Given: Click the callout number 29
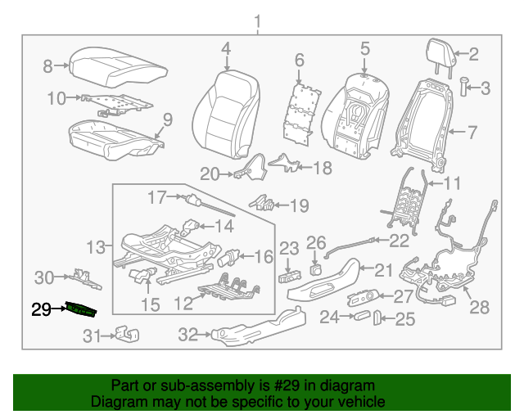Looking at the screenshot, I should point(41,309).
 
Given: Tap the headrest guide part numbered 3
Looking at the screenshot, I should point(463,86).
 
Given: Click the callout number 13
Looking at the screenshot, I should point(97,246).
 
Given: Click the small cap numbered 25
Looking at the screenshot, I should point(377,318).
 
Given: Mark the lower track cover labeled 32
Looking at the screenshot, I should point(253,327).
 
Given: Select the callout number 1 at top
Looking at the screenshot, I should point(258,20).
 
